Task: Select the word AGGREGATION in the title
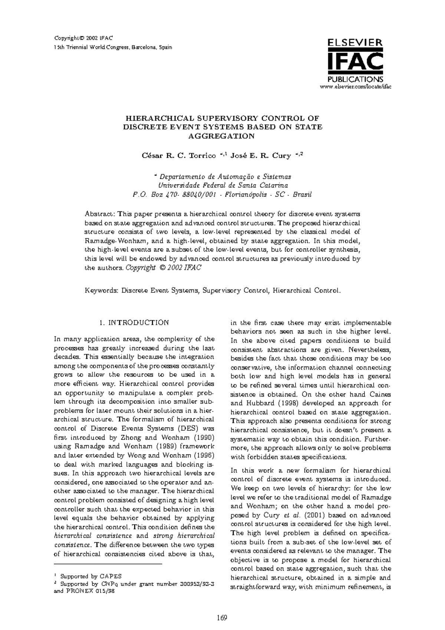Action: [222, 136]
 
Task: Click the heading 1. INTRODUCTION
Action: [134, 323]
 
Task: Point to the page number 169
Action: [222, 618]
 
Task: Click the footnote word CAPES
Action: [111, 577]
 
